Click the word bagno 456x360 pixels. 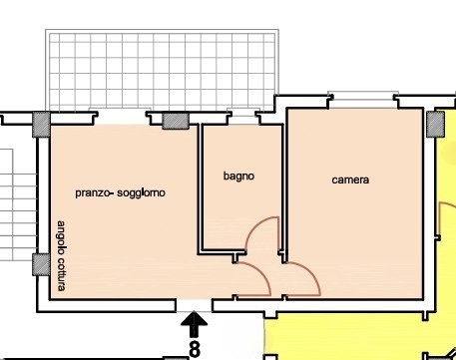238,177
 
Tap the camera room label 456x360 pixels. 350,180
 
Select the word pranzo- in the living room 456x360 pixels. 95,193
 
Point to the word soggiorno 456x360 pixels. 141,193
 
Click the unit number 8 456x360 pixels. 195,349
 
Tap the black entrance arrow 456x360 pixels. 194,324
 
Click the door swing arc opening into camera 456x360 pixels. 310,272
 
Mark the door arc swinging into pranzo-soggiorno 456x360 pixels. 261,273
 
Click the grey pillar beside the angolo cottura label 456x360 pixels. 41,264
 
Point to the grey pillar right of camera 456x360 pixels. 436,125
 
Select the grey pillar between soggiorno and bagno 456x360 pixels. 176,121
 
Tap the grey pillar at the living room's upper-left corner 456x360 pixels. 41,125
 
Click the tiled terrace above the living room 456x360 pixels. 162,70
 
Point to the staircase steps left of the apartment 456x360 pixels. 18,204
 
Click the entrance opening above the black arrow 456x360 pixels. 194,305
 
